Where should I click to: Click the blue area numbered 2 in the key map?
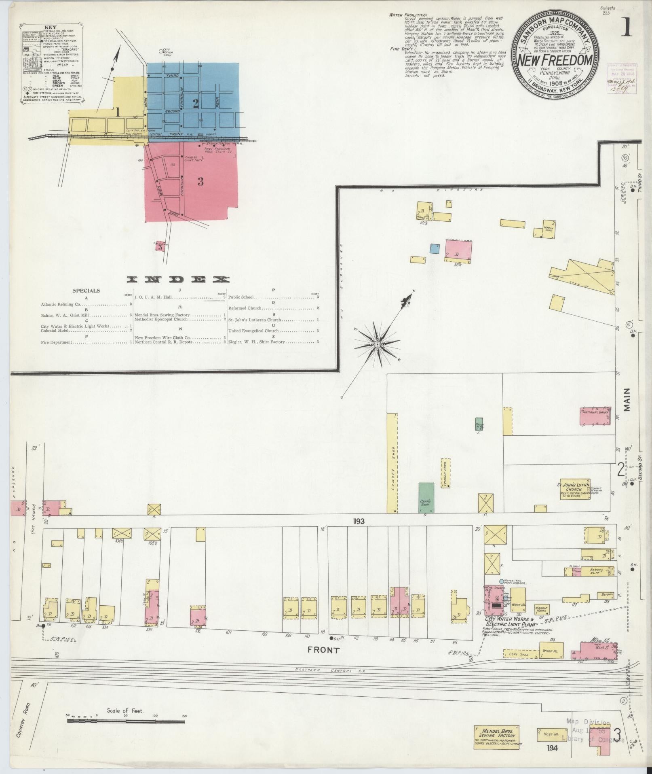196,104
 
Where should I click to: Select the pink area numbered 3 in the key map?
200,182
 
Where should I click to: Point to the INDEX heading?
178,280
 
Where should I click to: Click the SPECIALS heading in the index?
86,291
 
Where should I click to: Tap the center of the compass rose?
377,344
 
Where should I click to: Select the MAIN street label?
627,400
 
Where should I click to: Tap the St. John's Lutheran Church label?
574,487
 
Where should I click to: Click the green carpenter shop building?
426,498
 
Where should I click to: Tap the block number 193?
359,522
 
